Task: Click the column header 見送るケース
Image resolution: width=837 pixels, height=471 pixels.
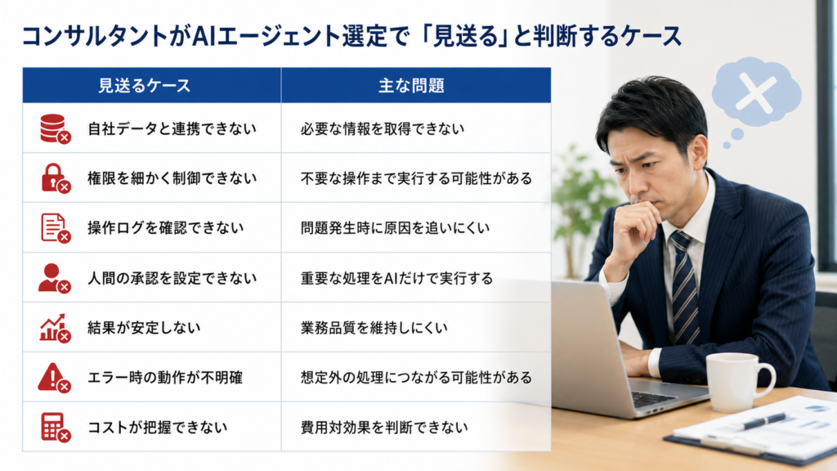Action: (144, 85)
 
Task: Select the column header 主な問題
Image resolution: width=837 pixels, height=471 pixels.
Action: (411, 85)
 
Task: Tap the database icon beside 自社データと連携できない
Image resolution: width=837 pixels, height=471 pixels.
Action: (55, 128)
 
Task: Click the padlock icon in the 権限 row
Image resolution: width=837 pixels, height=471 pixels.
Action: (56, 178)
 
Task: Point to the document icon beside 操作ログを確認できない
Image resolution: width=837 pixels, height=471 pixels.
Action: (56, 228)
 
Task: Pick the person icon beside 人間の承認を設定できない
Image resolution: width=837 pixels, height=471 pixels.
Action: (55, 278)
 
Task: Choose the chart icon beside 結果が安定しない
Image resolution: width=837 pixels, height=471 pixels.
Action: (55, 328)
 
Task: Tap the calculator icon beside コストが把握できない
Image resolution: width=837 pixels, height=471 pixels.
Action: (56, 427)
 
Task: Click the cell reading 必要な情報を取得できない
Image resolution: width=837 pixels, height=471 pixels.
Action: (383, 128)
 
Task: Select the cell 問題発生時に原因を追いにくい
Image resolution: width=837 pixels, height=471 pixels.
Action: (395, 228)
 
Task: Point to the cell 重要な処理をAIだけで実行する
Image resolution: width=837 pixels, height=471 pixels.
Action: (396, 278)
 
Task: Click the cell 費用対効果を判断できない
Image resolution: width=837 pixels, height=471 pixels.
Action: (384, 427)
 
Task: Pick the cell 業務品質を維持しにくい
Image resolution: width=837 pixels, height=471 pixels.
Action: (374, 328)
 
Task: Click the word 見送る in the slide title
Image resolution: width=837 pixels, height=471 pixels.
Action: (463, 36)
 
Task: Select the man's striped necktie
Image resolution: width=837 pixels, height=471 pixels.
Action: (686, 289)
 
